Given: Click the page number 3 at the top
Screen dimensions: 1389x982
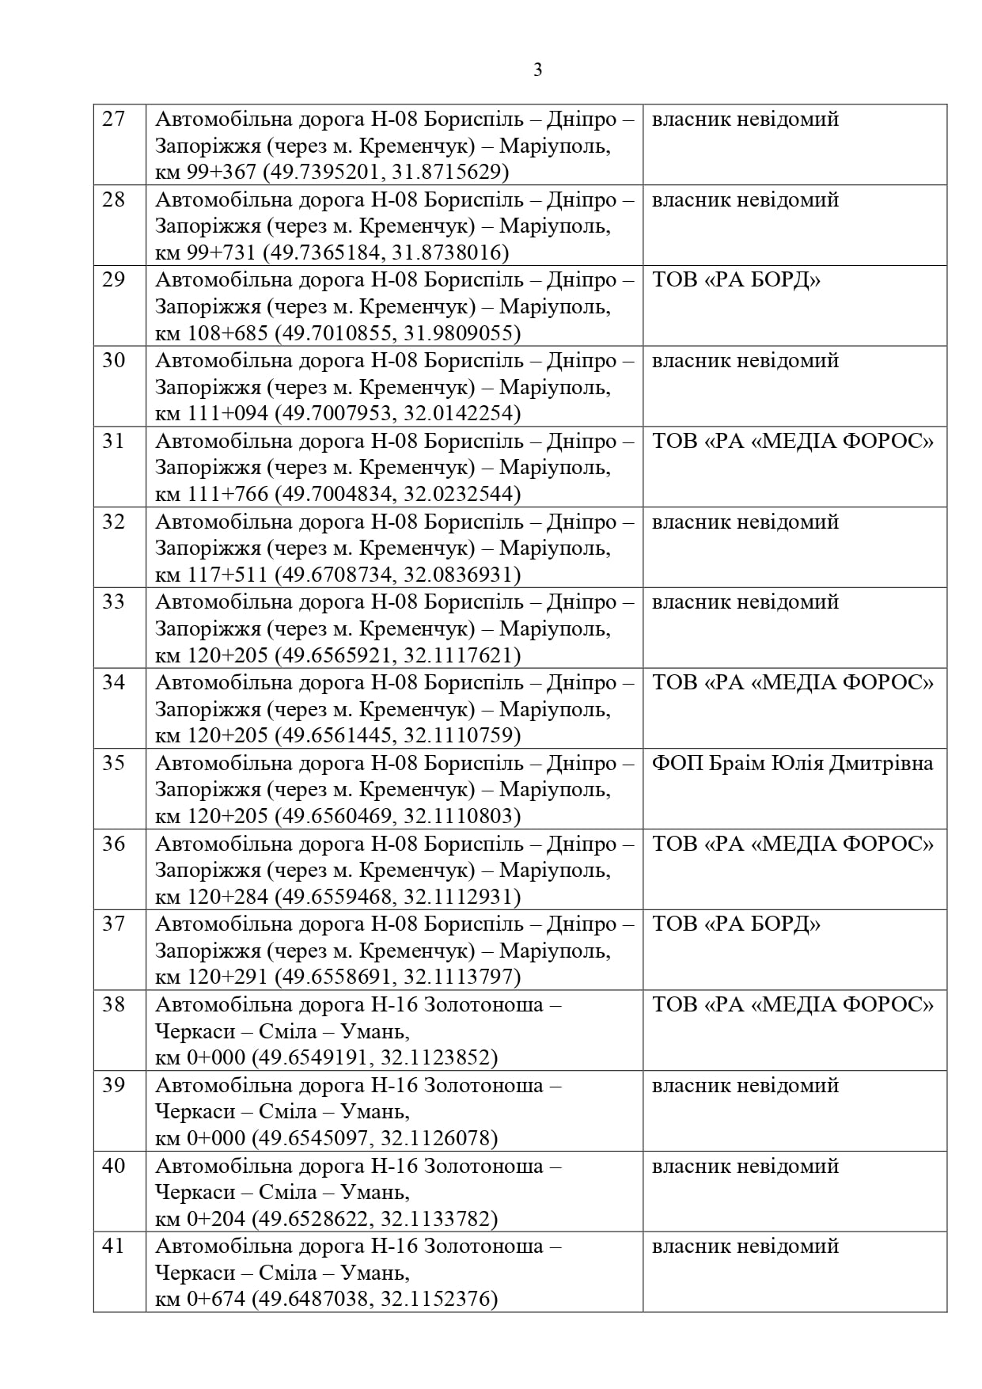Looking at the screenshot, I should [538, 70].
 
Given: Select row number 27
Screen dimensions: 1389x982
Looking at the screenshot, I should [115, 119].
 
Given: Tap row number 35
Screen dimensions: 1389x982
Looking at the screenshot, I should [115, 763].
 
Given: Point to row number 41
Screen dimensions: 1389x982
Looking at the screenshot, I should [115, 1246].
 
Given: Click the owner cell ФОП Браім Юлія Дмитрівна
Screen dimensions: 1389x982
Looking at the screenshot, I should [792, 763].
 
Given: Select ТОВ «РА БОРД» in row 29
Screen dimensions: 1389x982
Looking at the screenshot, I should [736, 280].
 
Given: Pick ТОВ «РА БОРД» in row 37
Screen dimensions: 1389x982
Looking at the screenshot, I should [736, 924].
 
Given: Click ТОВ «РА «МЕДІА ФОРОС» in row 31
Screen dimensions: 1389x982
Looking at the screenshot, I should [792, 441].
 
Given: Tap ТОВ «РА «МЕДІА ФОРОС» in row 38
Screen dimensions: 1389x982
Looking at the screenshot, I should [792, 1004].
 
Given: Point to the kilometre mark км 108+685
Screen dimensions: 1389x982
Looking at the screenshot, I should [211, 333].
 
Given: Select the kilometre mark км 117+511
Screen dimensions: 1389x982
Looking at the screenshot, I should [211, 575].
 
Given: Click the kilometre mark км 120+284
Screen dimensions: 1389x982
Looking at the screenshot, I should [211, 897].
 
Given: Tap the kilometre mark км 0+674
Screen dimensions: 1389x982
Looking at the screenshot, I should [200, 1300].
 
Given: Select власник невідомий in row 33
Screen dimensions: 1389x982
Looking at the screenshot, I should [745, 602].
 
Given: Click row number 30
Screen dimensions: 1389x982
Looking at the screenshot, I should [115, 360].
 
